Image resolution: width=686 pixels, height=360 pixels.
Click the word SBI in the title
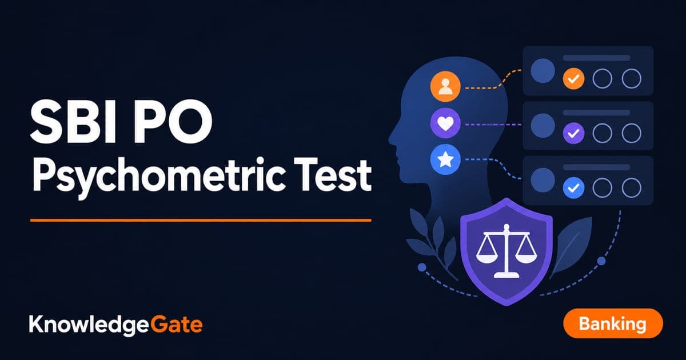pyautogui.click(x=74, y=122)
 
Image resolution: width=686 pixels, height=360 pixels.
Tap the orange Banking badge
pyautogui.click(x=613, y=323)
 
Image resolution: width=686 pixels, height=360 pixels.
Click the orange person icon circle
pyautogui.click(x=445, y=86)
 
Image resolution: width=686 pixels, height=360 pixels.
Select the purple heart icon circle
pyautogui.click(x=445, y=123)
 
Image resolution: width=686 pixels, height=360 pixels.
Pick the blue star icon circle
pyautogui.click(x=445, y=159)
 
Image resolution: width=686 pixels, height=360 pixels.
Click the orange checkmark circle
pyautogui.click(x=573, y=79)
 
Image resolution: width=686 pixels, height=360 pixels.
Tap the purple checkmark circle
pyautogui.click(x=573, y=133)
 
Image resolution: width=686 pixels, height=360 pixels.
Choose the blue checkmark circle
pyautogui.click(x=573, y=187)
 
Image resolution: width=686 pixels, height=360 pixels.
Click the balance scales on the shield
pyautogui.click(x=506, y=251)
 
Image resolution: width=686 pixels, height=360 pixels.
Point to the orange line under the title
pyautogui.click(x=201, y=220)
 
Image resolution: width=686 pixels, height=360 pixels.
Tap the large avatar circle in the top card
pyautogui.click(x=543, y=71)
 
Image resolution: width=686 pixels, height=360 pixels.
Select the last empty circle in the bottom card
pyautogui.click(x=632, y=187)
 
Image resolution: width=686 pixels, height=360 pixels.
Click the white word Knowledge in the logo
pyautogui.click(x=89, y=325)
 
